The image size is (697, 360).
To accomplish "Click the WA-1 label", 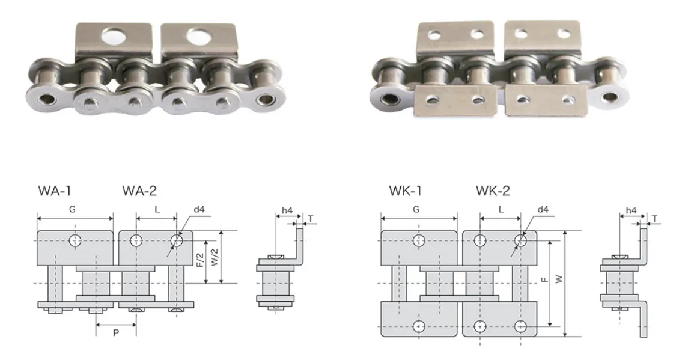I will click(55, 191).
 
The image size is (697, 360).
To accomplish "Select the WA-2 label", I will click(139, 191).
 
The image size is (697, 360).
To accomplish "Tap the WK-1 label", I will click(405, 191).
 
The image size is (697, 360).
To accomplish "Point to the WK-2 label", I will click(493, 191).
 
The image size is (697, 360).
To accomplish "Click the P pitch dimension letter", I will click(116, 332).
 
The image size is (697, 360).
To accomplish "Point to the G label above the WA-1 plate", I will click(73, 210).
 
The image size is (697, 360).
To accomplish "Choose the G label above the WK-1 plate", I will click(416, 210).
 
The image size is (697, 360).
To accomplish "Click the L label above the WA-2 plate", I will click(157, 210).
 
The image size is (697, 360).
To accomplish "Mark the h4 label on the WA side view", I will click(287, 210).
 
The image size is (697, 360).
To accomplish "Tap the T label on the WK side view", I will click(654, 218).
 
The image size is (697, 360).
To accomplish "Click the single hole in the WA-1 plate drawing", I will click(75, 240).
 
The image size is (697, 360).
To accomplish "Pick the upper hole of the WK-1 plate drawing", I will click(419, 240).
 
